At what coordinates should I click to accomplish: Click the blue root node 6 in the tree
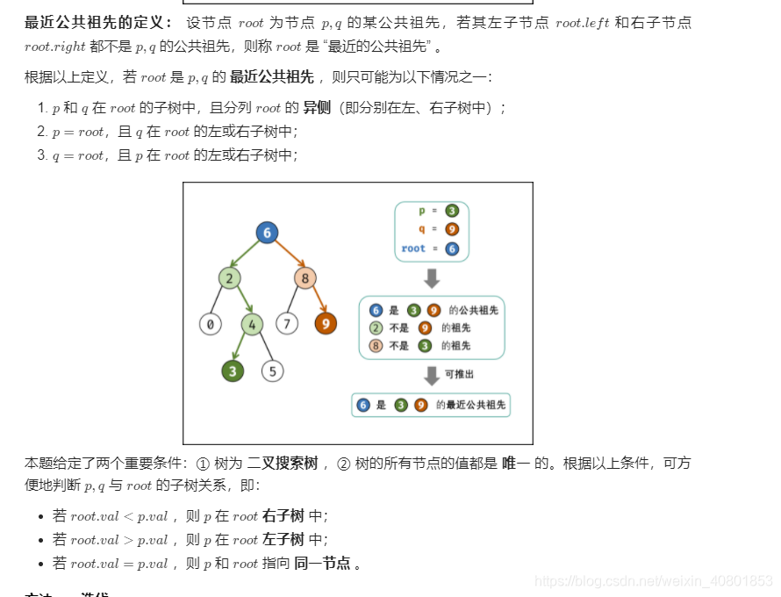267,232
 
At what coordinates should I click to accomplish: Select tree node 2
230,278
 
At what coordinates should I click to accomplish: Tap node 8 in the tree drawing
305,278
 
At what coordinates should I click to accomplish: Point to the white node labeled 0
210,324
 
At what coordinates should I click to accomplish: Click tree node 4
253,324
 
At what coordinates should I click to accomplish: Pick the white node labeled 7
287,324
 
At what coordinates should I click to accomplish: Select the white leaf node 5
272,370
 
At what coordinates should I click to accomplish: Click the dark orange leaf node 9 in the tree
326,324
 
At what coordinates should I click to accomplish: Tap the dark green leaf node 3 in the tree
233,370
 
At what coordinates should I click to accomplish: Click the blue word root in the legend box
413,248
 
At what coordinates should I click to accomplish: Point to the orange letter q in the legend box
421,229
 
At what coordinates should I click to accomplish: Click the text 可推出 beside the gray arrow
460,374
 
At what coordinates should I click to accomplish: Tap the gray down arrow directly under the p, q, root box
432,278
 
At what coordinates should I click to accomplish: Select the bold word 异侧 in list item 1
317,108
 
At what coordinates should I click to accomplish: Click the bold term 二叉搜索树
282,463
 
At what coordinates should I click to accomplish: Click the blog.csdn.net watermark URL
653,581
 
